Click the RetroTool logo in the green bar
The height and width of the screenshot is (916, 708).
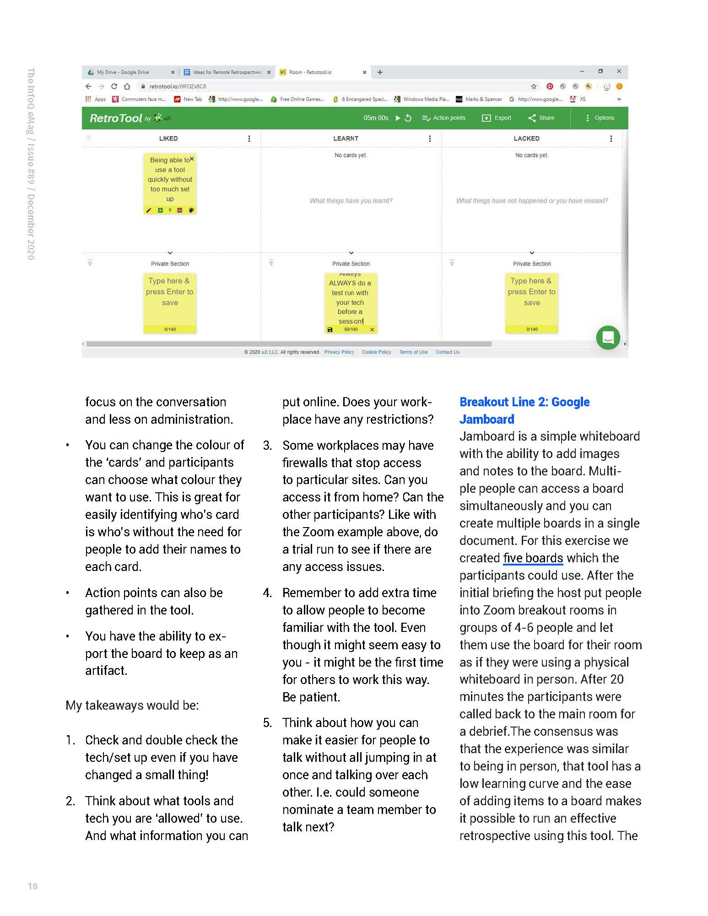[x=116, y=118]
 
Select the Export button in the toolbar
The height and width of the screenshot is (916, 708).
[x=497, y=118]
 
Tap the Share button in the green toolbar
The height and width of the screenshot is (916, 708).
[x=541, y=118]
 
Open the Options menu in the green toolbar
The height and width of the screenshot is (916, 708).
[x=600, y=118]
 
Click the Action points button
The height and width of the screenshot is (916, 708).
[x=443, y=118]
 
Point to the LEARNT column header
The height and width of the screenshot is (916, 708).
[x=346, y=139]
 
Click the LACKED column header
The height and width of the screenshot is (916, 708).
[x=526, y=139]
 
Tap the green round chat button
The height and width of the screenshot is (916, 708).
[x=608, y=338]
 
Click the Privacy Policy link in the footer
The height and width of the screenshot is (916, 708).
[x=339, y=352]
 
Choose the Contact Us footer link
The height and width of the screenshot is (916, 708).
[x=447, y=352]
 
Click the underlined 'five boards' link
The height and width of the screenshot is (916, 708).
[x=533, y=558]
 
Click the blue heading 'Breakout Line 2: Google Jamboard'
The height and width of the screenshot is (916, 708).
[x=524, y=410]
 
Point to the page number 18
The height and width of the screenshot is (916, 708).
[x=32, y=886]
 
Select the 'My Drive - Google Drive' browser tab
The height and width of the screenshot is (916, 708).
[x=123, y=72]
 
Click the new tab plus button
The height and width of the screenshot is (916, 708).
[x=379, y=72]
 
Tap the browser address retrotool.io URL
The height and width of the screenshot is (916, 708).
[x=178, y=86]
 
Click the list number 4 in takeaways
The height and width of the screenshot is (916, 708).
[x=267, y=593]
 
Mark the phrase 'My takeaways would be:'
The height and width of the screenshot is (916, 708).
[x=132, y=706]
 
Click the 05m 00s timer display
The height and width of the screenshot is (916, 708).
[x=376, y=118]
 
